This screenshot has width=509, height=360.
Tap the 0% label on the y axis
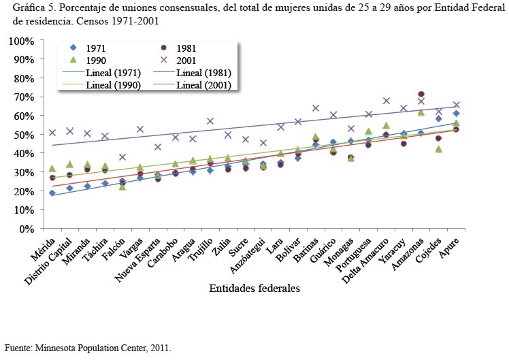click(x=27, y=229)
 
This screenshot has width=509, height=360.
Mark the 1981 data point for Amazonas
click(x=421, y=94)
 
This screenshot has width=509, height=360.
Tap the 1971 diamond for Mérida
click(x=52, y=193)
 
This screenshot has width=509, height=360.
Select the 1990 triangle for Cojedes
click(x=438, y=149)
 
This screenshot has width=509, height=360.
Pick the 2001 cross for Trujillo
click(x=210, y=121)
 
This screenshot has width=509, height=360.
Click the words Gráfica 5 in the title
click(x=33, y=8)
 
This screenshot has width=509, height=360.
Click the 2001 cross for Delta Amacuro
click(x=386, y=101)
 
